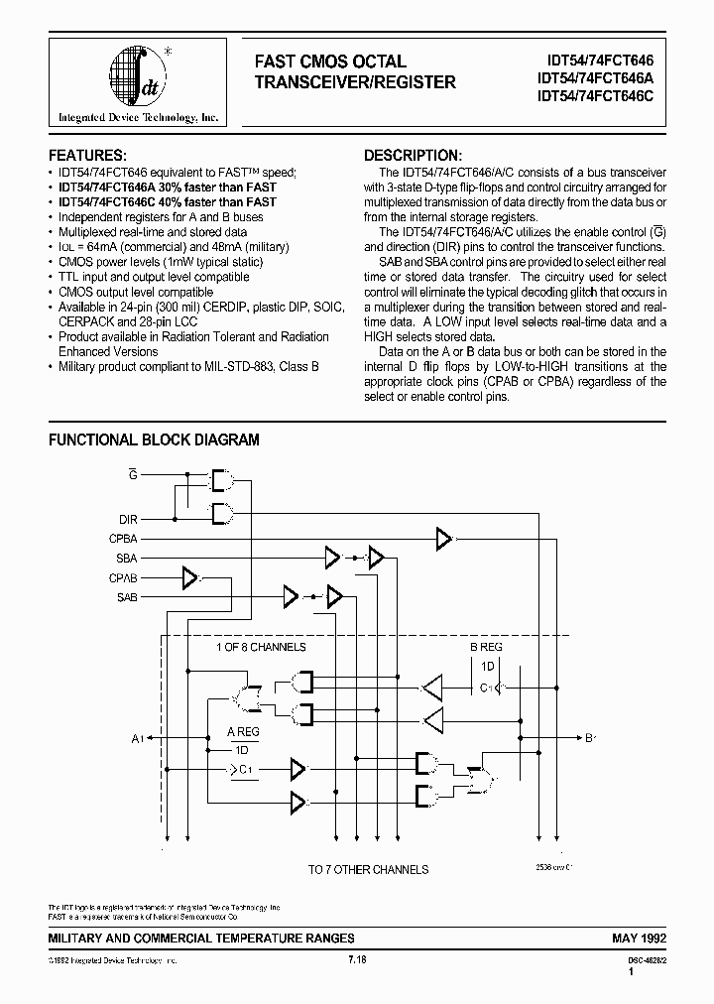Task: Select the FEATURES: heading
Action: [88, 156]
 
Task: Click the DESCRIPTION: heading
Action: [413, 156]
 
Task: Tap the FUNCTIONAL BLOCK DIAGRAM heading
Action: [154, 439]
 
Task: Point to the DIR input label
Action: [129, 519]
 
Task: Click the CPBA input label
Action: [124, 539]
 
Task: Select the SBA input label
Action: [127, 558]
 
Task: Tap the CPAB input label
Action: [124, 577]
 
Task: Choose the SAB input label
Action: [127, 597]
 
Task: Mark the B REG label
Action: [486, 647]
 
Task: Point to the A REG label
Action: [244, 731]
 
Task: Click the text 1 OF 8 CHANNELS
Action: [261, 647]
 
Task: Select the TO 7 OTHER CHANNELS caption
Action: [368, 869]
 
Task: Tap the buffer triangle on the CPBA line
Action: [443, 539]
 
